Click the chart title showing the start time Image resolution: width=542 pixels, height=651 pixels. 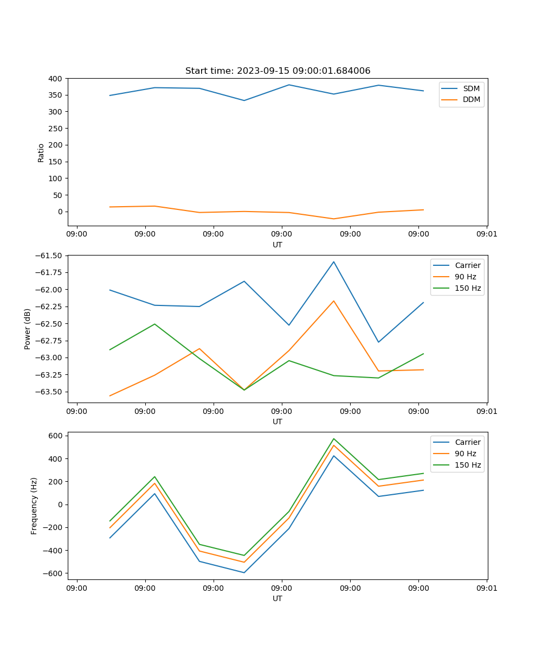[278, 71]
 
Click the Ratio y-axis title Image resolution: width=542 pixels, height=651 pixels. [41, 152]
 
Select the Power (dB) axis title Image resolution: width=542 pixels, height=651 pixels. [28, 329]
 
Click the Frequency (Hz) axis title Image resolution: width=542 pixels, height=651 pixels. [34, 506]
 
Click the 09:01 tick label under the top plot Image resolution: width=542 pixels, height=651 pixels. [487, 234]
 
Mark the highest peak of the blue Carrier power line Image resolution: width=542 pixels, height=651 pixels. [333, 261]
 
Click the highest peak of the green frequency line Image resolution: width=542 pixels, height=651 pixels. [333, 438]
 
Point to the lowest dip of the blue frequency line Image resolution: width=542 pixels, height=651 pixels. [244, 572]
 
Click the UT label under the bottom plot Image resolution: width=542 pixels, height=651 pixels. [277, 598]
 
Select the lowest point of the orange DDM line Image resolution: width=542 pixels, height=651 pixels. [333, 219]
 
